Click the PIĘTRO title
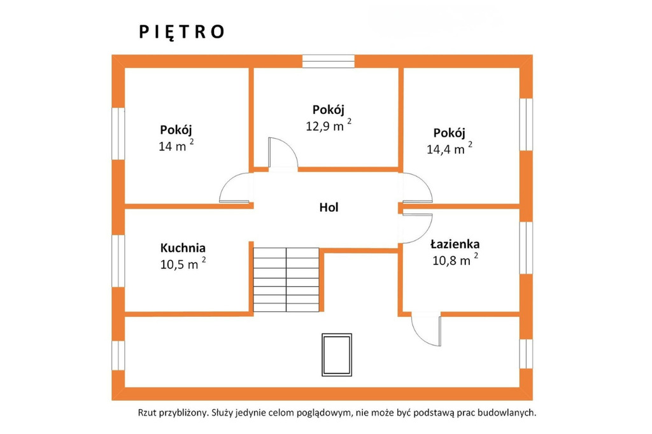coord(181,32)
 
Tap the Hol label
coord(329,207)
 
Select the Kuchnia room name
coord(183,248)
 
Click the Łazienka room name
coord(455,244)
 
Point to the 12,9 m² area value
coord(329,125)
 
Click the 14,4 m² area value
coord(450,148)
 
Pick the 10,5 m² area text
coord(183,264)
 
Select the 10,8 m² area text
coord(455,260)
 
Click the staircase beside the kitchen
coord(286,280)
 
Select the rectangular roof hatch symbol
coord(337,355)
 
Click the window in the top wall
coord(329,61)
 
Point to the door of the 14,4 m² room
coord(417,188)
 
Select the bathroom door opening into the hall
coord(417,228)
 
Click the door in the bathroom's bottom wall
coord(426,329)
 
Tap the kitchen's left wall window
coord(118,261)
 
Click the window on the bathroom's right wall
coord(527,248)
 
